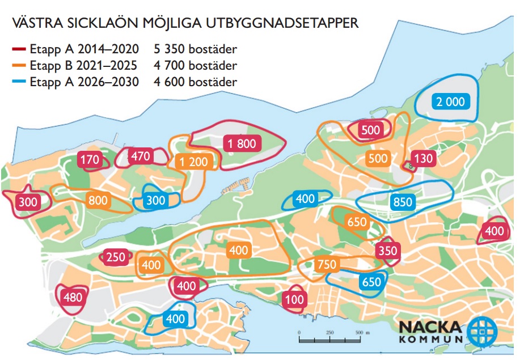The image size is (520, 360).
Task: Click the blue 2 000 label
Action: (x=450, y=102)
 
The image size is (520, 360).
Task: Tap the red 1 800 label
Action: (x=242, y=143)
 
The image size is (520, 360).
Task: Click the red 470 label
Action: (x=139, y=156)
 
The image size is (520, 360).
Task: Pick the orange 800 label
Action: (x=98, y=200)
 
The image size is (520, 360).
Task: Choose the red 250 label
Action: (x=116, y=257)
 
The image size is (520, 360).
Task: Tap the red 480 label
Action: (x=73, y=297)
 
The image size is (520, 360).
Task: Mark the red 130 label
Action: (x=423, y=159)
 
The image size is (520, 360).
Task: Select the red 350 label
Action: (x=388, y=251)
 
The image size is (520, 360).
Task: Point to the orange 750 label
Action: (x=327, y=264)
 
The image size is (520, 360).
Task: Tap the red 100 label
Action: (x=294, y=300)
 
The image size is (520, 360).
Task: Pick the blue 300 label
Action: (x=156, y=200)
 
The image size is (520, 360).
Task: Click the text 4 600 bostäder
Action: (x=195, y=82)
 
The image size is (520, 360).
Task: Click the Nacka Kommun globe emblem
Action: (x=481, y=330)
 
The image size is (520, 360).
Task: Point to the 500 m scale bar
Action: (x=329, y=340)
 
